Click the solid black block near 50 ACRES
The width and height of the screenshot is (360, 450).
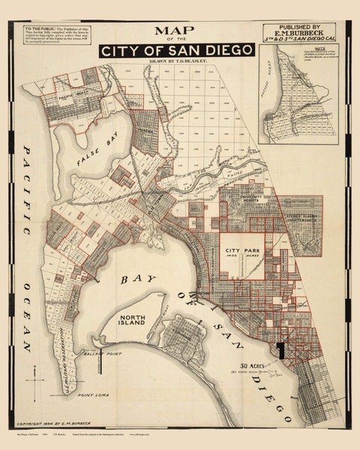point(280,349)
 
